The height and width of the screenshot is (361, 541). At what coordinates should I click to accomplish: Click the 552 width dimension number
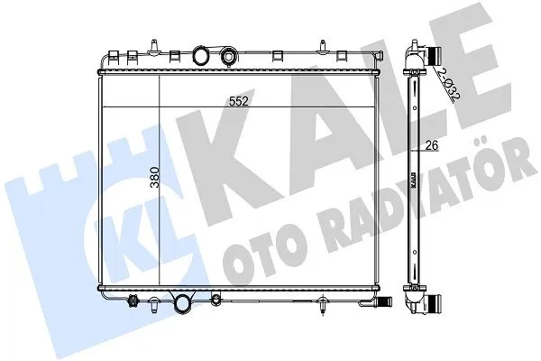239,101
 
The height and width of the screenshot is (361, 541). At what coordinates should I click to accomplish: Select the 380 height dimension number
155,177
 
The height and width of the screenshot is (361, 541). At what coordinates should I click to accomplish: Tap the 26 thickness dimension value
432,145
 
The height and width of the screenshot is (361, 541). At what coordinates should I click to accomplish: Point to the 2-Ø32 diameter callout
448,84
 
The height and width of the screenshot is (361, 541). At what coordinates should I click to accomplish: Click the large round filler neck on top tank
200,55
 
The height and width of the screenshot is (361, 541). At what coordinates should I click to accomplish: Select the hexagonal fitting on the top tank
228,55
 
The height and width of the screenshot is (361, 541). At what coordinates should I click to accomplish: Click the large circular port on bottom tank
182,303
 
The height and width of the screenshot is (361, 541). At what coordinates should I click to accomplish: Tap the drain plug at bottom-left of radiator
133,301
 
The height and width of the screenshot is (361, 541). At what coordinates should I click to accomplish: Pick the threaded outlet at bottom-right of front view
383,301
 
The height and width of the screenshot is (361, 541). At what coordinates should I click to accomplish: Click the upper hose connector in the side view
434,55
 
